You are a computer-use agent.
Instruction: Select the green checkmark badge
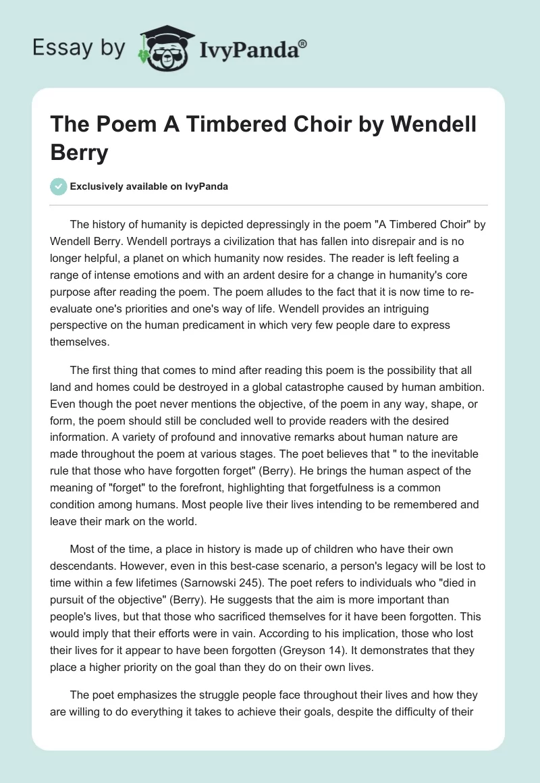[58, 186]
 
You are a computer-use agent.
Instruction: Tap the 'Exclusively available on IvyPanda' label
[148, 186]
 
